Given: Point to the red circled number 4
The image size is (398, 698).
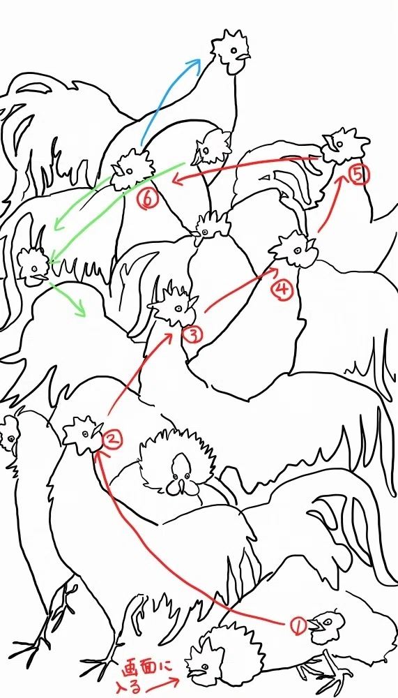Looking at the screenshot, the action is pyautogui.click(x=282, y=290).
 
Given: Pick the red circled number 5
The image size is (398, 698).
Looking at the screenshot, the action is pyautogui.click(x=358, y=175).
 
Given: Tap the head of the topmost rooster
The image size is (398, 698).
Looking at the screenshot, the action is pyautogui.click(x=230, y=51).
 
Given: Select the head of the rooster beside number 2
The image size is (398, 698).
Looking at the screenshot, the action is pyautogui.click(x=83, y=436).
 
